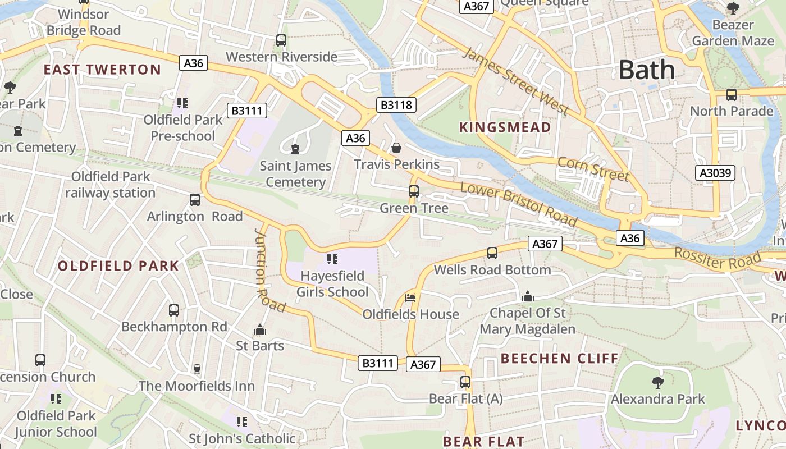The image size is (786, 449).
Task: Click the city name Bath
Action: click(647, 70)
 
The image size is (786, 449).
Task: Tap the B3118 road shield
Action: click(396, 104)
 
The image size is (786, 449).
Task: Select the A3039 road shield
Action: click(715, 173)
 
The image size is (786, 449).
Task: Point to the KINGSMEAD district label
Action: click(505, 127)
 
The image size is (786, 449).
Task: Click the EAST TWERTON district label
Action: click(102, 70)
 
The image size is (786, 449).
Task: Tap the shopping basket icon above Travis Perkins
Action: click(396, 148)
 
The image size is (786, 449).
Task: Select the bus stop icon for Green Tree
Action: click(414, 191)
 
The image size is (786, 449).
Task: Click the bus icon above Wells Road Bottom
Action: click(492, 253)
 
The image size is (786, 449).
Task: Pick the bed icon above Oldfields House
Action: click(411, 297)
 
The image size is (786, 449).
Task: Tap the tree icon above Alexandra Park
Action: click(657, 383)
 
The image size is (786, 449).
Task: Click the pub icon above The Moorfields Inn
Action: click(196, 369)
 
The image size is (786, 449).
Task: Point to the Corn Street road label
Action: click(593, 168)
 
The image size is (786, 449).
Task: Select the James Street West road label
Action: click(516, 81)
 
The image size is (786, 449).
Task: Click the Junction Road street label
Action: click(270, 269)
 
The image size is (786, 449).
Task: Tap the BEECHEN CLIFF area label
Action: click(559, 358)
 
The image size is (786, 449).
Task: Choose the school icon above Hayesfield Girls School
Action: click(332, 259)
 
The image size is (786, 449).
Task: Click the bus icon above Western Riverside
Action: click(281, 40)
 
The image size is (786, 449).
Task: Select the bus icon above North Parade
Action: click(731, 95)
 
